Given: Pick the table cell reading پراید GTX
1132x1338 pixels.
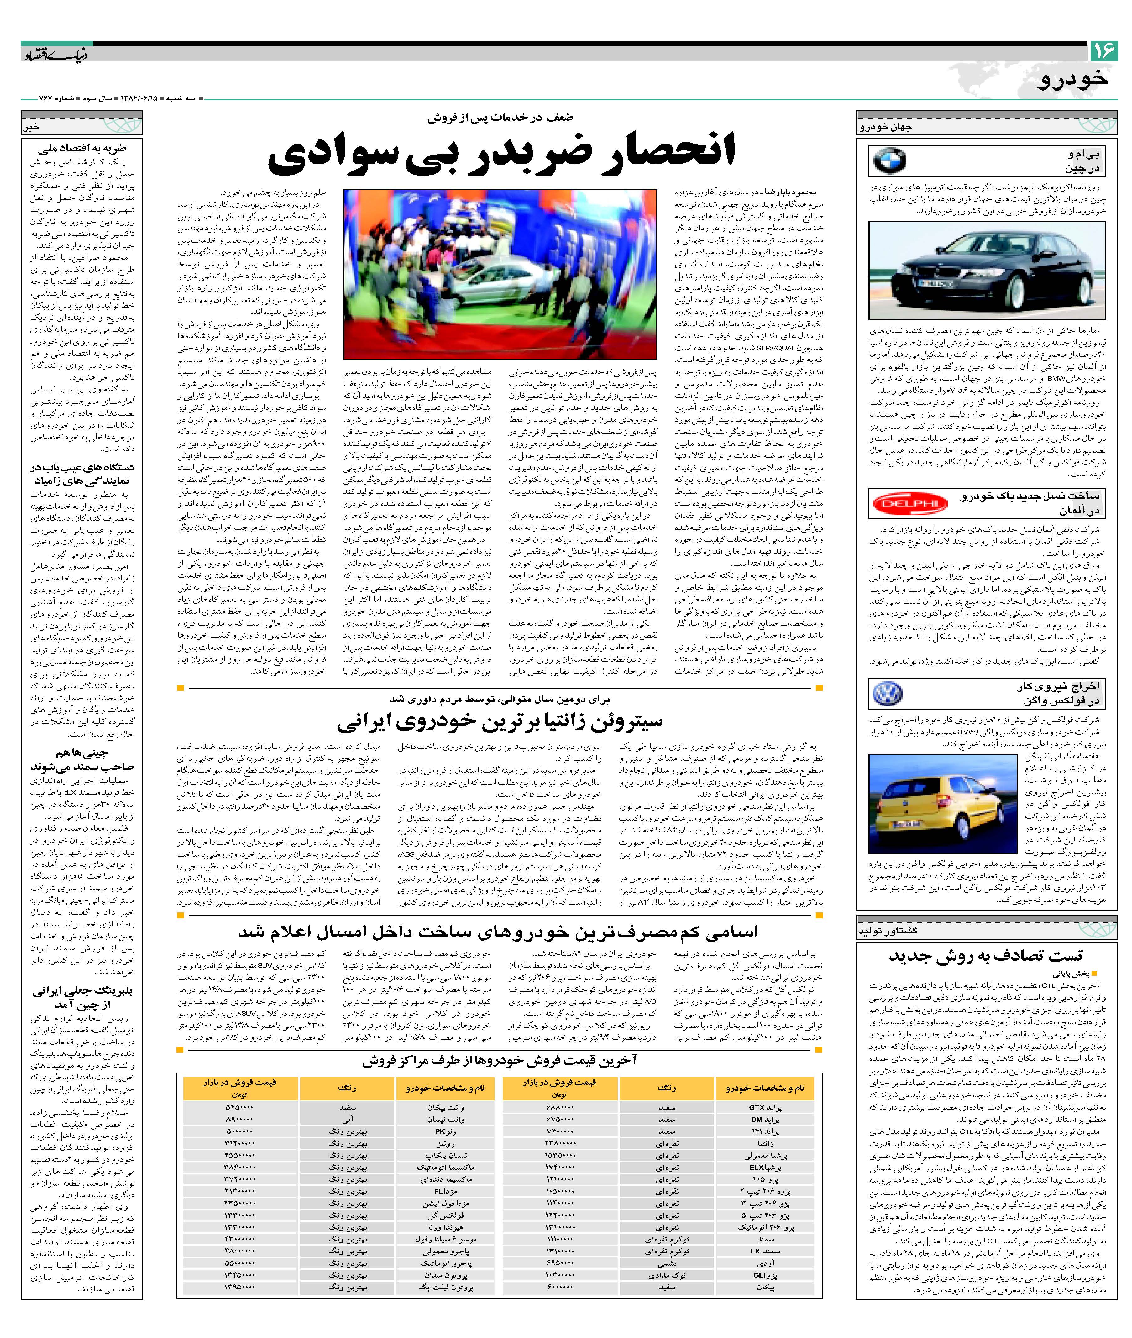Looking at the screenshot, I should click(765, 1107).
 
